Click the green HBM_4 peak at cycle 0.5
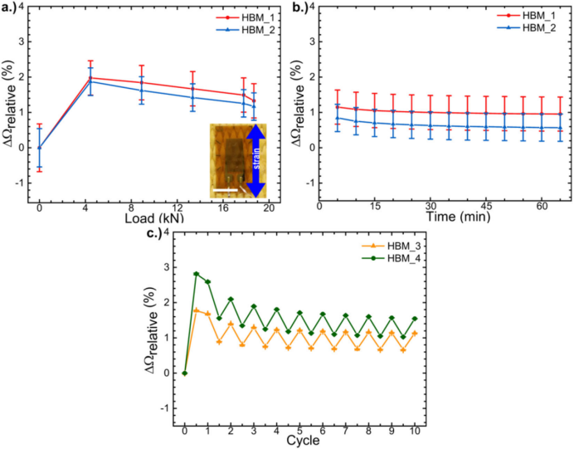tap(197, 274)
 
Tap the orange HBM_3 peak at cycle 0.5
tap(197, 310)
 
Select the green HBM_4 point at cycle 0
tap(185, 373)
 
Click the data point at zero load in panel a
tap(39, 148)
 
